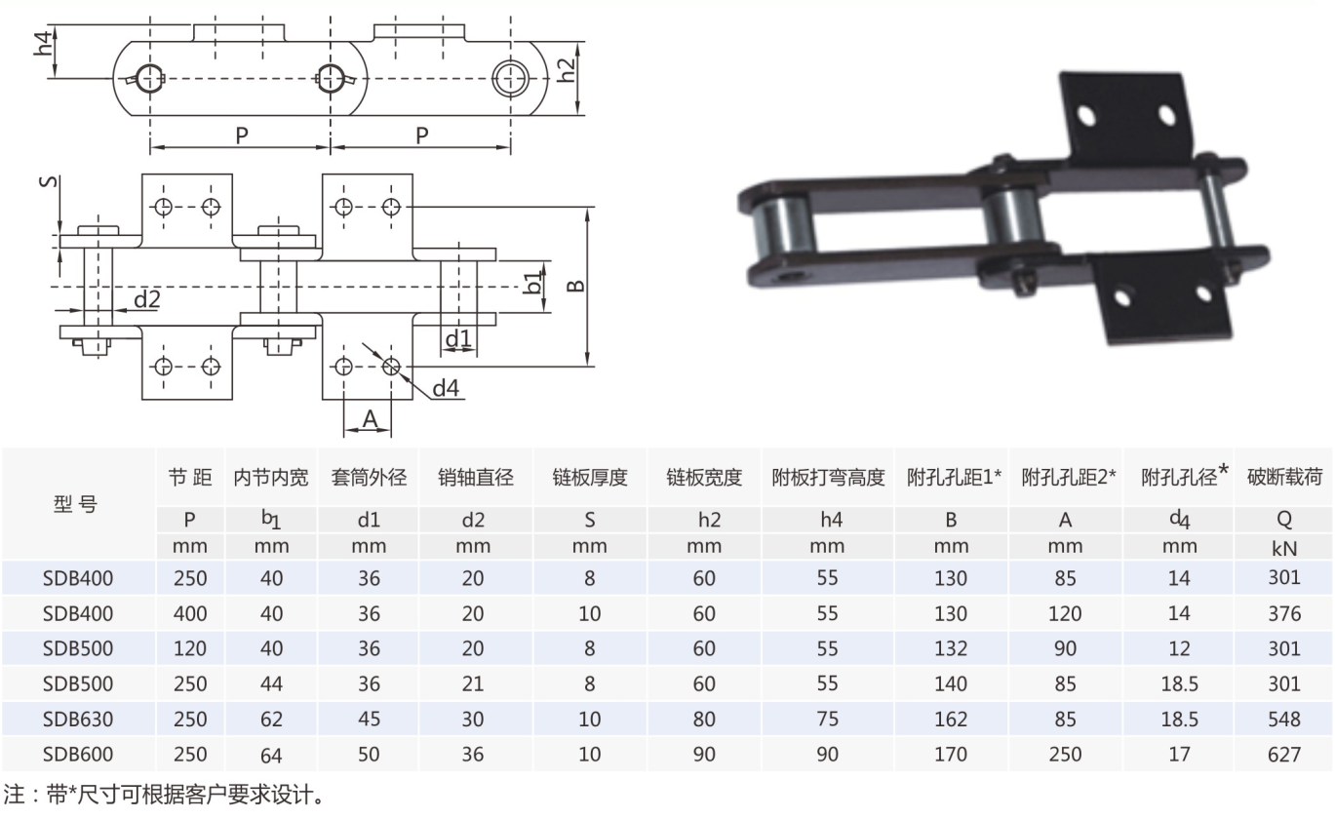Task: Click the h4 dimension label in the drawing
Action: pos(43,44)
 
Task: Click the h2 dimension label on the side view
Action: pos(567,69)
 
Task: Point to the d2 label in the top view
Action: pos(146,299)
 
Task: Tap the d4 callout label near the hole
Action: pos(446,388)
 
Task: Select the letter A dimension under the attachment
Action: pos(371,419)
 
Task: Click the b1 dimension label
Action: pos(534,283)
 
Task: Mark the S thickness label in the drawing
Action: pos(49,181)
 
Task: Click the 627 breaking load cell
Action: pos(1283,755)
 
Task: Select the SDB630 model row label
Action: pos(77,720)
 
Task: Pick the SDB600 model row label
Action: pos(77,755)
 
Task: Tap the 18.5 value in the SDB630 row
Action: pos(1179,720)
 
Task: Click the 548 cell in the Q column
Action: pos(1283,720)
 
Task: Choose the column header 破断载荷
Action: pos(1284,477)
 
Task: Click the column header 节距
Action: pos(190,477)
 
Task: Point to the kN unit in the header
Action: pos(1283,548)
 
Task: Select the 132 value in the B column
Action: pos(951,648)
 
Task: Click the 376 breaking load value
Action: pos(1283,613)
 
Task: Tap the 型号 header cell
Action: pos(76,504)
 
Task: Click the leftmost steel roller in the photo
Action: pos(782,226)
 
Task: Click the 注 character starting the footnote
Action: pos(13,795)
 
